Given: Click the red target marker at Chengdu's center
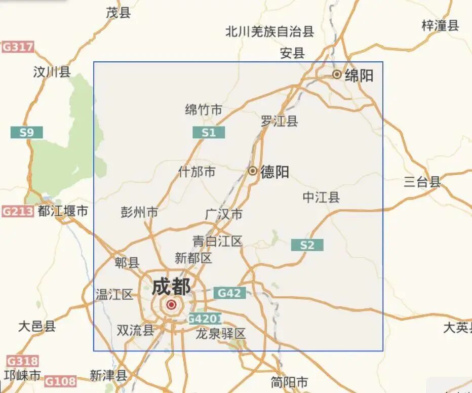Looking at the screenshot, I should tap(171, 305).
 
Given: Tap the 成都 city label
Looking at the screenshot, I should tap(171, 287).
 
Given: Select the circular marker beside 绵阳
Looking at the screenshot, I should tap(337, 74).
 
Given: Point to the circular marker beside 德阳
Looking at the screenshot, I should tap(252, 171).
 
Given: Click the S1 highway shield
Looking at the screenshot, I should tap(208, 133).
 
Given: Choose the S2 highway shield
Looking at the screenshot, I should tap(307, 245).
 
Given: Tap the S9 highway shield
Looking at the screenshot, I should tap(26, 133).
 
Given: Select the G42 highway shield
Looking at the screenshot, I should tap(229, 293).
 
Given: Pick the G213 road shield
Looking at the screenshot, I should tap(17, 211).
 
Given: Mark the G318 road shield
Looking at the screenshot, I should tap(22, 361).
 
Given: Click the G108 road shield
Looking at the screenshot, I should tap(60, 381).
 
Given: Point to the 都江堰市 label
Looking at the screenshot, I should tap(63, 211).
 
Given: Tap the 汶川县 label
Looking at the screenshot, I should tap(52, 72).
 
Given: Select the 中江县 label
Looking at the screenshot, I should tap(321, 197).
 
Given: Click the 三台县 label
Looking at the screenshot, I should tap(422, 182).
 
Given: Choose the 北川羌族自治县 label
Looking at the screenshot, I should tap(270, 32).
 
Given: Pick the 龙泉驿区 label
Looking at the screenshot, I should tap(221, 333).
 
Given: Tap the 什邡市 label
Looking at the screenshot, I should tap(197, 172).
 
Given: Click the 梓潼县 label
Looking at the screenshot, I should tap(440, 25).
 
